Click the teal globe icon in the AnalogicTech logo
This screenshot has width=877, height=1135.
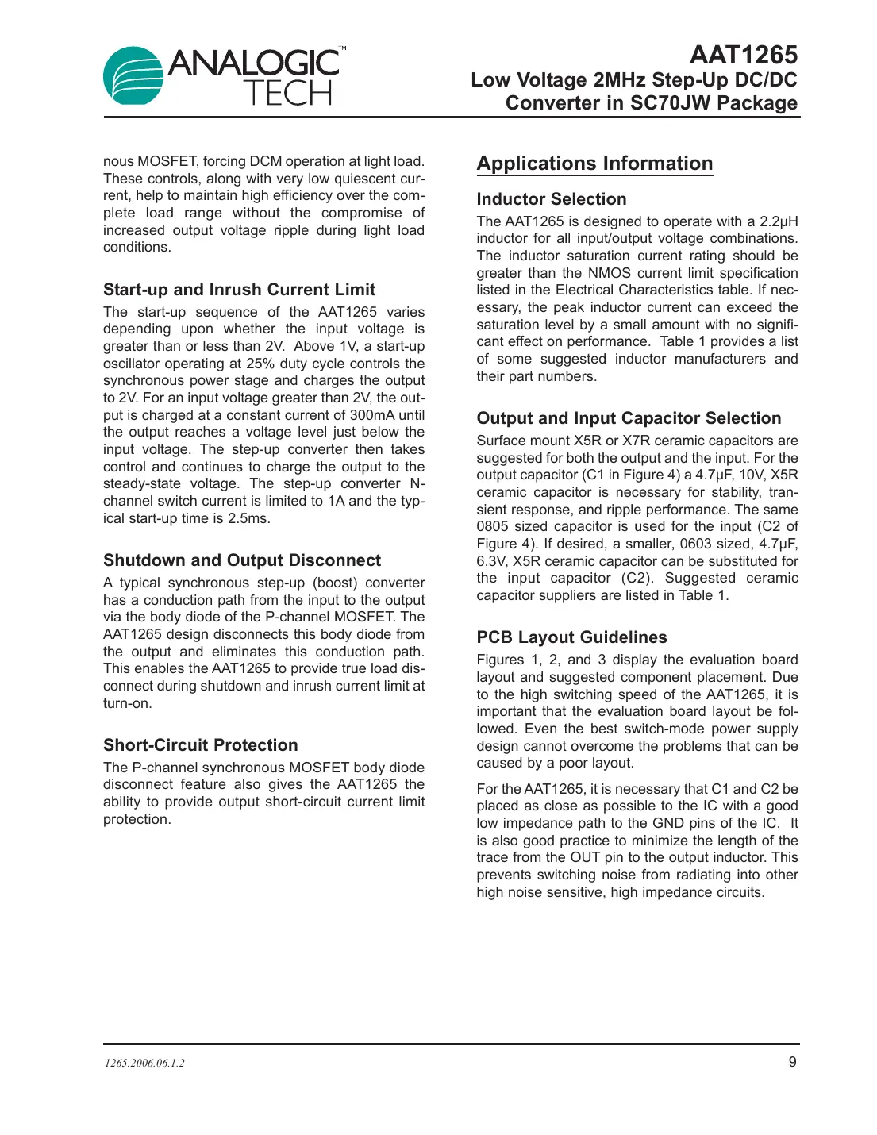tap(133, 75)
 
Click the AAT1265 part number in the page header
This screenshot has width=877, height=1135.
tap(743, 55)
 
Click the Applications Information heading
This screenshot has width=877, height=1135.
tap(594, 164)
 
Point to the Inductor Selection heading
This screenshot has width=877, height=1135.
tap(551, 199)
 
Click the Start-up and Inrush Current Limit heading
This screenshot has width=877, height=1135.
tap(239, 290)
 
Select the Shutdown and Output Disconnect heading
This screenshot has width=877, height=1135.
tap(241, 560)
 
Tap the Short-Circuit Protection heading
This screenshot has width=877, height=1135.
tap(200, 745)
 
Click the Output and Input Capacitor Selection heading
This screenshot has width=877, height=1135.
tap(629, 418)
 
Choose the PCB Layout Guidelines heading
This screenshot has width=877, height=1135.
tap(571, 637)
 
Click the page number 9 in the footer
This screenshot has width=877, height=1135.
tap(791, 1062)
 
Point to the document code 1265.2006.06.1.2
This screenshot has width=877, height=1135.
tap(144, 1063)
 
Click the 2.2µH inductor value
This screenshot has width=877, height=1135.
tap(779, 221)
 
